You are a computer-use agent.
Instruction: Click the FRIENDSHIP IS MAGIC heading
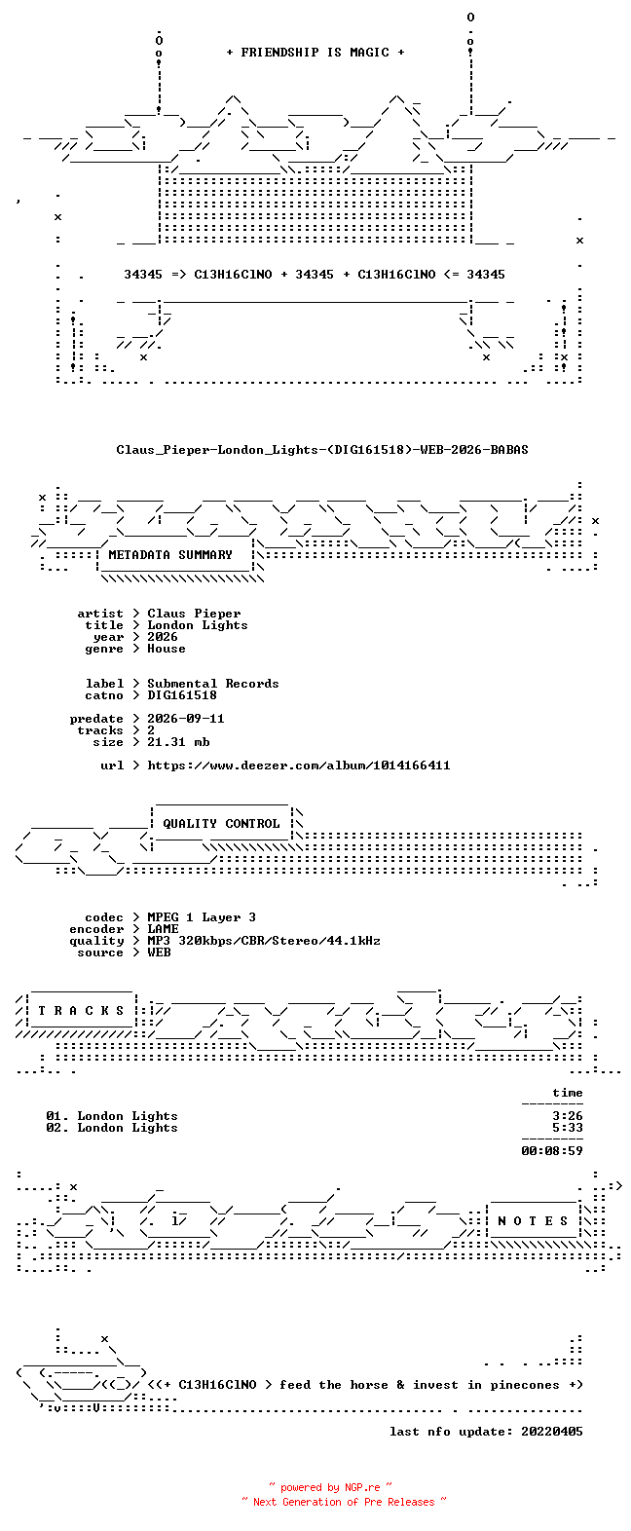315,53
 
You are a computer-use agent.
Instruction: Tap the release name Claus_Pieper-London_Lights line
322,450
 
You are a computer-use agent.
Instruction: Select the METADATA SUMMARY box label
170,555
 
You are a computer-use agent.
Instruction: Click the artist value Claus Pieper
194,614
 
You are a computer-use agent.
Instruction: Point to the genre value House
167,648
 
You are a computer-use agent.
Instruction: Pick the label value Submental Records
212,684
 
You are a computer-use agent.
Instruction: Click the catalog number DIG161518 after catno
182,695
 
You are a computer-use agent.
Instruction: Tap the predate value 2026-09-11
186,719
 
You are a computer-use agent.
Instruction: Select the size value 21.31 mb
178,741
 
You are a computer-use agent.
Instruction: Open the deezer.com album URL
299,765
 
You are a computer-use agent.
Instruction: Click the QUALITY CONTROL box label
221,824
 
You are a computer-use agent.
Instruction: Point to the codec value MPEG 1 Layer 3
202,917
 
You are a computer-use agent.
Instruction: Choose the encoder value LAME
163,929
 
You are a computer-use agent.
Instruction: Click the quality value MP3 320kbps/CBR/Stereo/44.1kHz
264,941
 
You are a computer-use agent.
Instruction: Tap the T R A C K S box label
81,1011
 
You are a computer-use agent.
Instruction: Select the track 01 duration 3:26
568,1116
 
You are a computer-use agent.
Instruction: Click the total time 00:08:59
552,1151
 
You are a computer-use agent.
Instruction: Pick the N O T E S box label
533,1220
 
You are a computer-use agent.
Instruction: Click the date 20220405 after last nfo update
552,1432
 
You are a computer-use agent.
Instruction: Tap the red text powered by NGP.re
330,1487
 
